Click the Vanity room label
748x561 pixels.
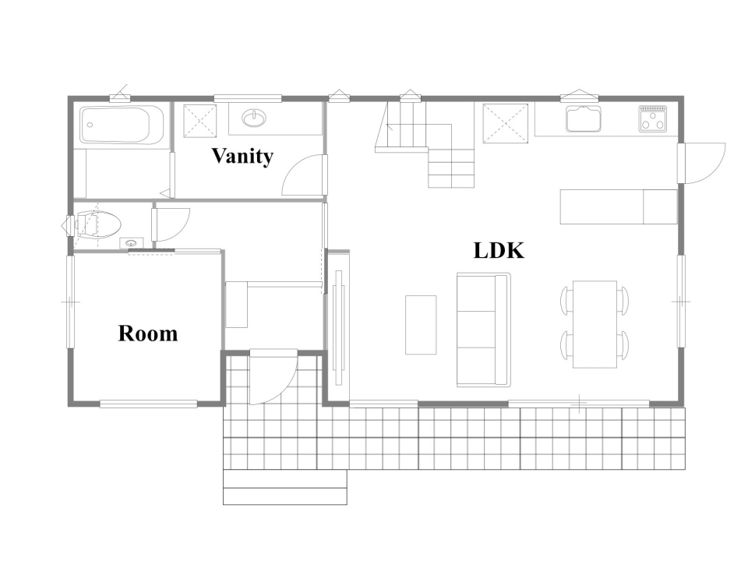point(242,157)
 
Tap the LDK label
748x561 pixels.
point(499,250)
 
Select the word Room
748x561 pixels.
point(148,333)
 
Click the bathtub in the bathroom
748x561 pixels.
point(122,125)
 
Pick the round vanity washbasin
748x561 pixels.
point(254,118)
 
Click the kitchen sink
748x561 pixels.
point(584,118)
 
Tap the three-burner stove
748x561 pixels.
point(653,118)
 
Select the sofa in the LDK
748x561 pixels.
point(484,330)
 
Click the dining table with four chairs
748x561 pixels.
point(595,324)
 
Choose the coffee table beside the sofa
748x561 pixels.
point(421,325)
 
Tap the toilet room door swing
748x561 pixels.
point(171,224)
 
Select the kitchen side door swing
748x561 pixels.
point(701,163)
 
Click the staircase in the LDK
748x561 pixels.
point(425,143)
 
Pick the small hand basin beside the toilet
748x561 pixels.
point(131,243)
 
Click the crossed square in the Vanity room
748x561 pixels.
point(200,120)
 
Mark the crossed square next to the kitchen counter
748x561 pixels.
point(506,123)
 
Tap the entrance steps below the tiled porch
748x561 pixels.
point(285,487)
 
